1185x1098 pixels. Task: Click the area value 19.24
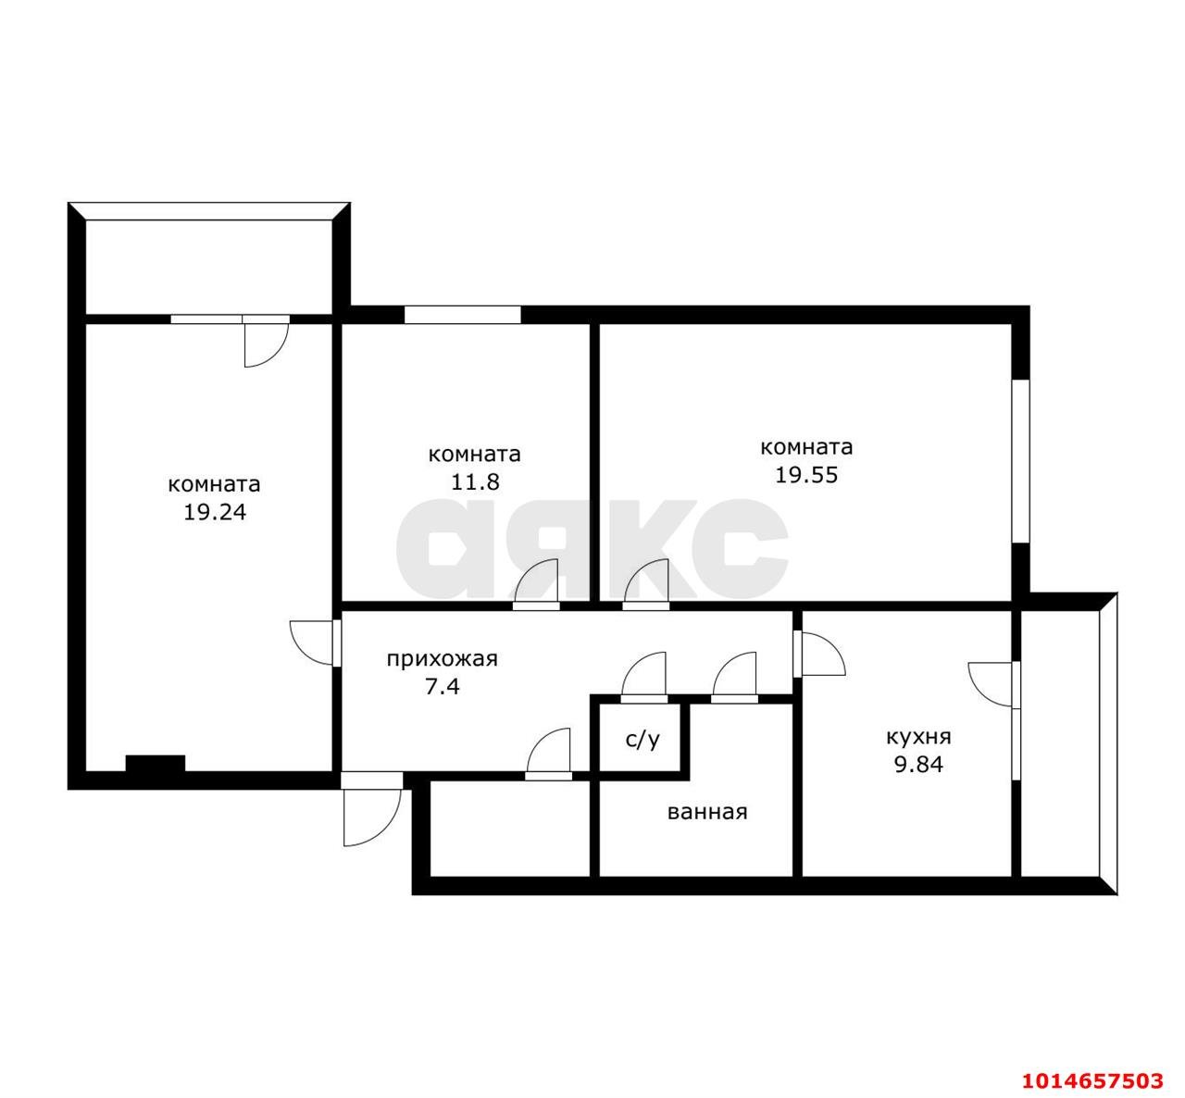point(214,513)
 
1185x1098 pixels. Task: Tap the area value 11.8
point(474,481)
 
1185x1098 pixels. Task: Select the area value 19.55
point(806,475)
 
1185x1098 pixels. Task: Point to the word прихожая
point(442,659)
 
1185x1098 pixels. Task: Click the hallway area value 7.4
point(442,687)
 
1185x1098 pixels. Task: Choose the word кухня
point(918,738)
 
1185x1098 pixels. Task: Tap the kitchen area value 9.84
point(918,765)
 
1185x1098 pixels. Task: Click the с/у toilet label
point(642,740)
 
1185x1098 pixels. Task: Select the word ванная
point(707,812)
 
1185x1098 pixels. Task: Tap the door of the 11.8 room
point(536,584)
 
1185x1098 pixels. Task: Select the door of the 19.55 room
point(645,584)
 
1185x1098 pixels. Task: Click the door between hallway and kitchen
point(819,654)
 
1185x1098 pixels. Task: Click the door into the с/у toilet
point(643,678)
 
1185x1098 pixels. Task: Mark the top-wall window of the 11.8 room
point(462,315)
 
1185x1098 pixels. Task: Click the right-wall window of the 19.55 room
point(1021,461)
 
